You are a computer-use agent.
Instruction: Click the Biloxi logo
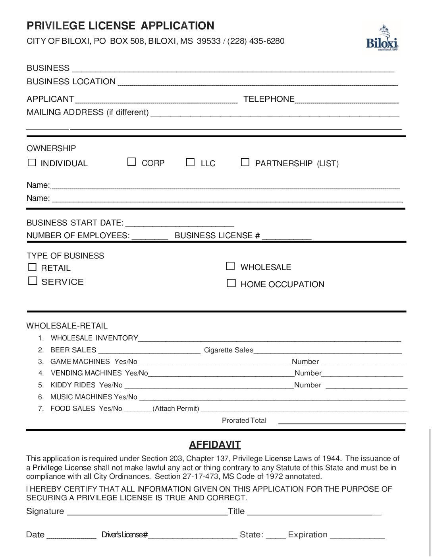pos(382,38)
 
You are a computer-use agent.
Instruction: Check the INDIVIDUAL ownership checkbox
pos(32,162)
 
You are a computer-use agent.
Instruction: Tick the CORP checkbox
pos(131,162)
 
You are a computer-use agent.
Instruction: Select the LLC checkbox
pos(191,162)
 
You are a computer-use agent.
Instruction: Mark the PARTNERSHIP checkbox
pos(245,162)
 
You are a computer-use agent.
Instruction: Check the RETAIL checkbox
pos(32,267)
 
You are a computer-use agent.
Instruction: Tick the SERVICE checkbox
pos(33,281)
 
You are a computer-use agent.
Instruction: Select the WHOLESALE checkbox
pos(230,266)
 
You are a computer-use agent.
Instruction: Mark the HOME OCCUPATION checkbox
pos(231,283)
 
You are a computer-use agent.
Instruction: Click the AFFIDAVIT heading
pos(215,445)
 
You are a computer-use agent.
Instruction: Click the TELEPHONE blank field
pos(347,100)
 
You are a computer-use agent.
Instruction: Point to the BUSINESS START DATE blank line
pos(179,224)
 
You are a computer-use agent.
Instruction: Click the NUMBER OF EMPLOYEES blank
pos(150,237)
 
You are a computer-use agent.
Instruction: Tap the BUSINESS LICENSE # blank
pos(287,237)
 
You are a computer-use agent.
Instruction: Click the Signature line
pos(147,512)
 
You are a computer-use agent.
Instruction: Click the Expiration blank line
pos(357,536)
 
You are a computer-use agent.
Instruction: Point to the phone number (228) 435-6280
pos(256,41)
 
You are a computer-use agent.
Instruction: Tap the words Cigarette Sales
pos(228,350)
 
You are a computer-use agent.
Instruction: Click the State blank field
pos(276,536)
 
